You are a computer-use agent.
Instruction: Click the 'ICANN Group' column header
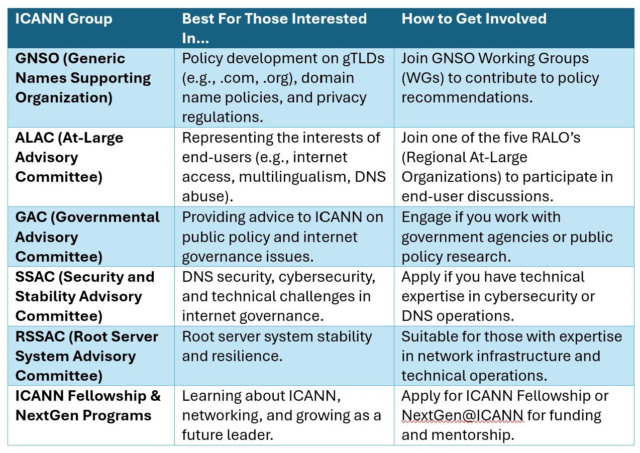pos(64,19)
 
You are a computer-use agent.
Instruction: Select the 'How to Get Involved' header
pos(474,19)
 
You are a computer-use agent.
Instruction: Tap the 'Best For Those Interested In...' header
pos(274,28)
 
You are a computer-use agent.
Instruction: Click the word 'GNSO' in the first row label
pos(37,58)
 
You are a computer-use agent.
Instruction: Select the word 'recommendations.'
pos(467,98)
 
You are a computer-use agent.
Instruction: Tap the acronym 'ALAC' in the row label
pos(35,138)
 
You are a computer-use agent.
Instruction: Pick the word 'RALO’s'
pos(556,138)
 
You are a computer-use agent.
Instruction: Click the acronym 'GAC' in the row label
pos(31,217)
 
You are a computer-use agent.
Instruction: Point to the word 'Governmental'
pos(108,217)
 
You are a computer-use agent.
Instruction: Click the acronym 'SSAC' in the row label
pos(35,277)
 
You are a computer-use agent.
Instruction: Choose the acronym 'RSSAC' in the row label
pos(40,336)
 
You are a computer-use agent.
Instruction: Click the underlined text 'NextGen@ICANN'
pos(463,415)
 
